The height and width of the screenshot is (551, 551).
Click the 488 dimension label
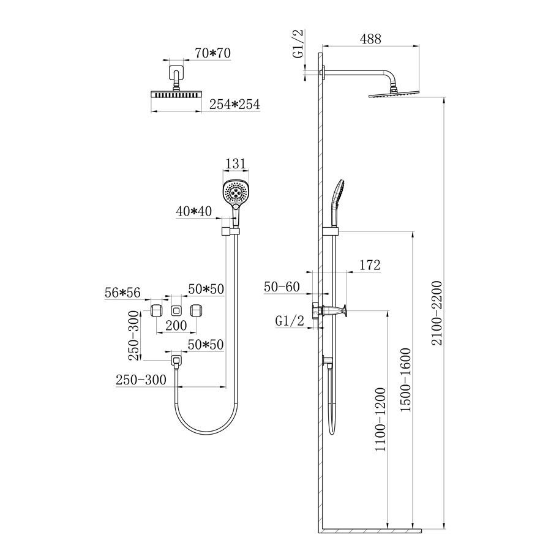pos(370,39)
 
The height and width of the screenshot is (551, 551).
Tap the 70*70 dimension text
pos(212,53)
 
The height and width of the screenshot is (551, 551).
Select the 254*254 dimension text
pos(234,104)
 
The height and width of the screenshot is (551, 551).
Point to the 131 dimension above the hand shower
pos(236,163)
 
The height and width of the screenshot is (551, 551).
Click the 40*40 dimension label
pos(194,211)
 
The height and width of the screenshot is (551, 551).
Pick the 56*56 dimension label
pos(122,293)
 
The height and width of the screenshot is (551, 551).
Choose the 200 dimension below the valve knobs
pos(176,326)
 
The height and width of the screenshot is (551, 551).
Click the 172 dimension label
pos(370,265)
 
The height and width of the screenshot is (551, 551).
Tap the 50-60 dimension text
pos(282,287)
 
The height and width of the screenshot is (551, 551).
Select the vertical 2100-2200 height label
pos(437,313)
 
